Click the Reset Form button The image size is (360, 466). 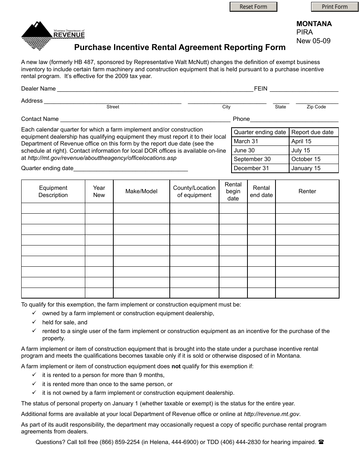[x=253, y=7]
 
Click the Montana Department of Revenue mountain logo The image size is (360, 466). [x=37, y=36]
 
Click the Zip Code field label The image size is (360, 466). [x=316, y=107]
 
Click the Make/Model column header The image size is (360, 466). [x=141, y=191]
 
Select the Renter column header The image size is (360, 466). [x=307, y=191]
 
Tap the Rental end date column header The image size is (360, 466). [x=261, y=191]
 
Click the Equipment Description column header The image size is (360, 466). [x=53, y=191]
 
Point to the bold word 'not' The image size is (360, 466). [x=176, y=366]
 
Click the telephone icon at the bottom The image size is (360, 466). [x=321, y=442]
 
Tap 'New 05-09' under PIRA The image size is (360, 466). [x=313, y=41]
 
